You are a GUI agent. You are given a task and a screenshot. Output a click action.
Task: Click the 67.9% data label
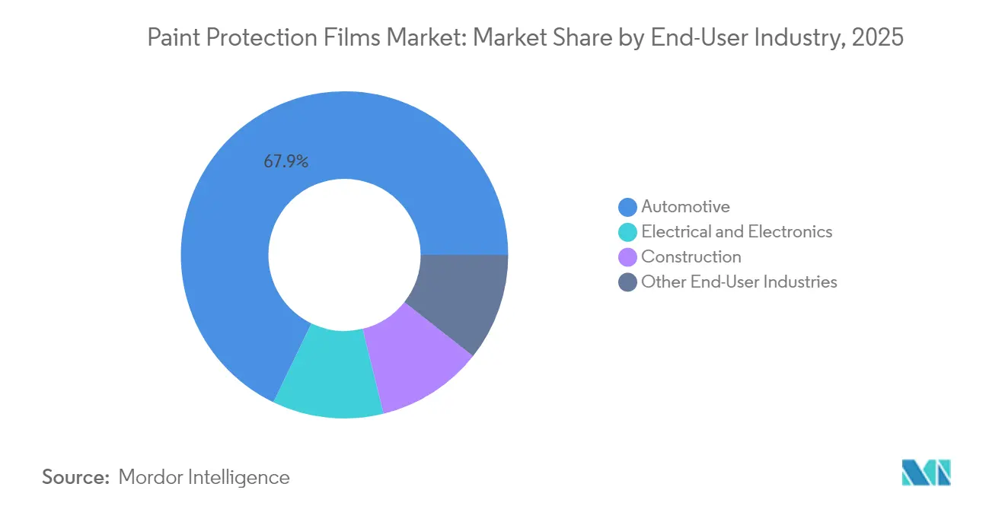pyautogui.click(x=286, y=161)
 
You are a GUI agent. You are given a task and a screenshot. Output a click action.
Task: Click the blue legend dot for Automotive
pyautogui.click(x=628, y=207)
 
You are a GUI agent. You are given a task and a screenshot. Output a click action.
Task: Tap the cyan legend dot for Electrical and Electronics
pyautogui.click(x=628, y=232)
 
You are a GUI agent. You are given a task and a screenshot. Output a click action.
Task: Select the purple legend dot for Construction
pyautogui.click(x=628, y=257)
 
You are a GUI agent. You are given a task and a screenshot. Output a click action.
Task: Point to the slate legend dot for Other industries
pyautogui.click(x=628, y=282)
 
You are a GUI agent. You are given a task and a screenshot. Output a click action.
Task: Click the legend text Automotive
pyautogui.click(x=685, y=206)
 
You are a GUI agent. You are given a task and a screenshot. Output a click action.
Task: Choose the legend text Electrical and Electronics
pyautogui.click(x=736, y=231)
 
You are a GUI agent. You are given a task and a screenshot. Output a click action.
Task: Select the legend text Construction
pyautogui.click(x=691, y=256)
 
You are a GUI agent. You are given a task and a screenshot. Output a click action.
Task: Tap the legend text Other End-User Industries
pyautogui.click(x=739, y=282)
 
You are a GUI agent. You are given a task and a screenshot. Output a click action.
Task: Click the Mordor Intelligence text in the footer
pyautogui.click(x=204, y=477)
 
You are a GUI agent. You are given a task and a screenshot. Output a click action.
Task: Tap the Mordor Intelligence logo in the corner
pyautogui.click(x=926, y=473)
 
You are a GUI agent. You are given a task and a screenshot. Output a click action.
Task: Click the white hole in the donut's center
pyautogui.click(x=344, y=255)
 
